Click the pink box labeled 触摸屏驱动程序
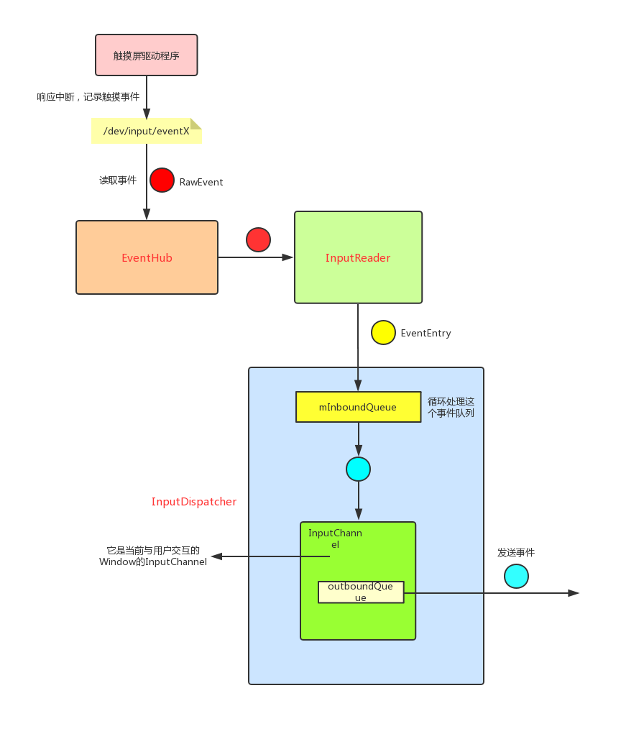click(x=146, y=55)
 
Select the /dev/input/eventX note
click(x=146, y=131)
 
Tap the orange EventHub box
click(x=147, y=257)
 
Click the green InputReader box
click(x=358, y=257)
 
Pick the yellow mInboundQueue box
click(x=358, y=407)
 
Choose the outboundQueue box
click(x=361, y=592)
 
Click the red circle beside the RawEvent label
click(x=162, y=180)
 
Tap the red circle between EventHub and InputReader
click(x=258, y=239)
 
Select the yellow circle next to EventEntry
click(x=383, y=332)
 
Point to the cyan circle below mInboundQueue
click(x=358, y=469)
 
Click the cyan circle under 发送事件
click(x=516, y=576)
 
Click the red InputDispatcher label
click(x=194, y=502)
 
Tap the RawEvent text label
click(x=201, y=183)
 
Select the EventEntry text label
click(x=425, y=334)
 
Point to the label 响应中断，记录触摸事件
click(x=88, y=96)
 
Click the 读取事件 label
click(x=118, y=180)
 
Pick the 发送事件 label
click(x=516, y=553)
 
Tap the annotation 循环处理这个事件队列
click(x=451, y=407)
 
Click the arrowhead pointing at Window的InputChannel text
click(x=216, y=556)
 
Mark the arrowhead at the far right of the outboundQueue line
click(x=574, y=593)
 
